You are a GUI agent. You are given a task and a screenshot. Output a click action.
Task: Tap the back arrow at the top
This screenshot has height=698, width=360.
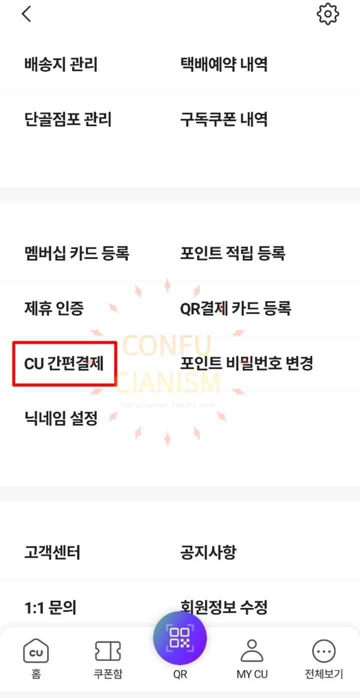pyautogui.click(x=26, y=14)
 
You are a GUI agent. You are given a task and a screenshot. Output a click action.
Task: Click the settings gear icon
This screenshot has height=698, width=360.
pyautogui.click(x=328, y=14)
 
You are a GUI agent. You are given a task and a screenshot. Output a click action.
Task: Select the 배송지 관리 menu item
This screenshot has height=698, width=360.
pyautogui.click(x=60, y=65)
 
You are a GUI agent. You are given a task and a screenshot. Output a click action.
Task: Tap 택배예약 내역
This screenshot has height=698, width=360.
pyautogui.click(x=223, y=65)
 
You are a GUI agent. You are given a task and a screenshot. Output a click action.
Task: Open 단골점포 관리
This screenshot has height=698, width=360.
pyautogui.click(x=67, y=120)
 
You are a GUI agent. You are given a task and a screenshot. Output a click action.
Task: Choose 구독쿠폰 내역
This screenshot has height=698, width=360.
pyautogui.click(x=223, y=120)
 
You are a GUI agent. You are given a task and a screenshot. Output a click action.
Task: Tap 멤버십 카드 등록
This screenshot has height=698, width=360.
pyautogui.click(x=76, y=253)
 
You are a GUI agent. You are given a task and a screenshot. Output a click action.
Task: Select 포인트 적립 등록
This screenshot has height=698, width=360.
pyautogui.click(x=232, y=253)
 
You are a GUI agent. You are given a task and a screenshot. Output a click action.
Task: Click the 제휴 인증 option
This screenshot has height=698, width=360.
pyautogui.click(x=54, y=308)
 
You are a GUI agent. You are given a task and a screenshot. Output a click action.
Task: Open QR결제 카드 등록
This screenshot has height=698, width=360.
pyautogui.click(x=235, y=308)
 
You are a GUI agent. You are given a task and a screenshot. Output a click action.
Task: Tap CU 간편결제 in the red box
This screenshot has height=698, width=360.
pyautogui.click(x=64, y=364)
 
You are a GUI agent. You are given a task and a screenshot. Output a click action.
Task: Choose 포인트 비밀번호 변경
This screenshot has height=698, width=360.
pyautogui.click(x=246, y=364)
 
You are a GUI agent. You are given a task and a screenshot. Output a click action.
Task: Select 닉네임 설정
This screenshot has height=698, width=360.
pyautogui.click(x=60, y=418)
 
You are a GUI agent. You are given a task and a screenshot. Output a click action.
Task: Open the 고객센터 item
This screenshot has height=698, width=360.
pyautogui.click(x=52, y=553)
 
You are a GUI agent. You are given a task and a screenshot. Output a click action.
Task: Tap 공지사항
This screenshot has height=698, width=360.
pyautogui.click(x=208, y=553)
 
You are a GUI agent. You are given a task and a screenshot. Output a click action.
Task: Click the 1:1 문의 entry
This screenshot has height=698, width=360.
pyautogui.click(x=50, y=608)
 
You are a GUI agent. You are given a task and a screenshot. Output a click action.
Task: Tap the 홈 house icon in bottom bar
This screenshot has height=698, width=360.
pyautogui.click(x=36, y=651)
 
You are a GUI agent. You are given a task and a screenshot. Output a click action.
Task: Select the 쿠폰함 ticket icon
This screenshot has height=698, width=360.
pyautogui.click(x=107, y=651)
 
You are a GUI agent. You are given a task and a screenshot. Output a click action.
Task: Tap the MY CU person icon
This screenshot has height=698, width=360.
pyautogui.click(x=252, y=651)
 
